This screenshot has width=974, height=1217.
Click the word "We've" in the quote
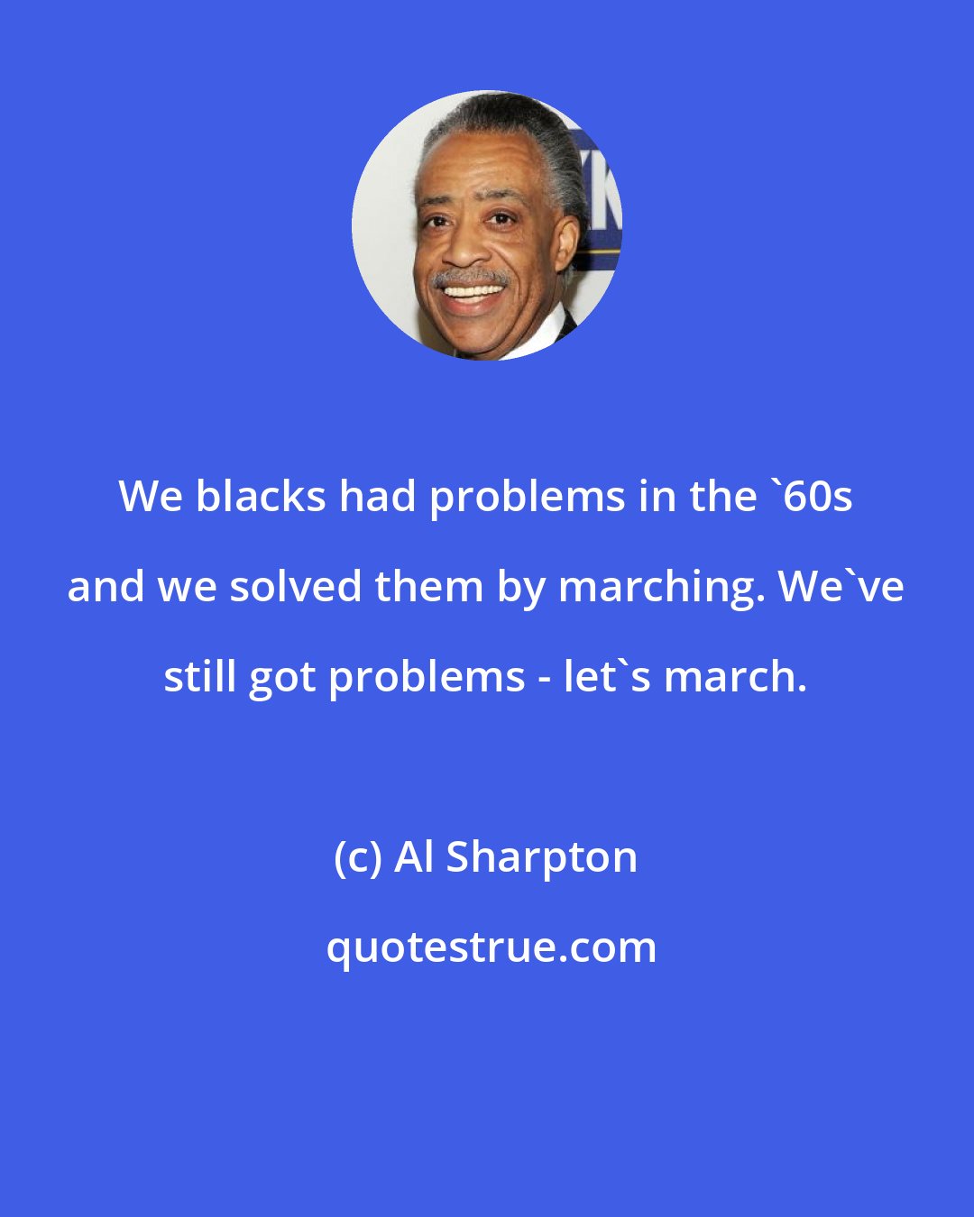click(x=841, y=586)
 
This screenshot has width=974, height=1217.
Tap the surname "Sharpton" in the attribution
click(x=542, y=858)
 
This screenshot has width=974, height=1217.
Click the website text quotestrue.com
click(x=492, y=947)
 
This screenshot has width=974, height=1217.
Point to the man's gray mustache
click(x=470, y=277)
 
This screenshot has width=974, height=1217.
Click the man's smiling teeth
click(x=471, y=292)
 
